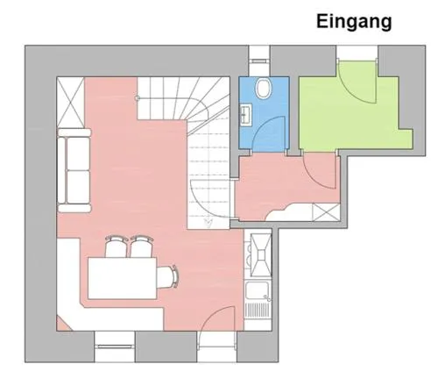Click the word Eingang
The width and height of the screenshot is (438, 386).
click(354, 22)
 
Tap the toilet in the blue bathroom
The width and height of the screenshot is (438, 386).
click(263, 89)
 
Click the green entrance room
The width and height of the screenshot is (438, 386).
click(350, 117)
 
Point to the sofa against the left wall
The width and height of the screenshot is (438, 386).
click(74, 170)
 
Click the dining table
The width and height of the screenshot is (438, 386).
click(123, 278)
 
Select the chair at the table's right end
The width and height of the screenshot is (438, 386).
click(167, 277)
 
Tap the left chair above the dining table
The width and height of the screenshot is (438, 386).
click(116, 247)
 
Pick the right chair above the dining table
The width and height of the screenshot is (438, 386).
click(141, 247)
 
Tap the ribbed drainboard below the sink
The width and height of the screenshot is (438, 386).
click(258, 311)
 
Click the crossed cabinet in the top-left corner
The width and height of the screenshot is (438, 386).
click(70, 103)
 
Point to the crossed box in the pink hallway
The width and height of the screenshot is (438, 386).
click(326, 211)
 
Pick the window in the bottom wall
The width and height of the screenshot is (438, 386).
click(115, 347)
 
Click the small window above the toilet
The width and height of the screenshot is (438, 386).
click(259, 61)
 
